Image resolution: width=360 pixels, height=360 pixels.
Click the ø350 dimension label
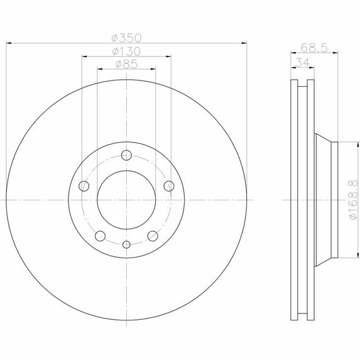click(126, 38)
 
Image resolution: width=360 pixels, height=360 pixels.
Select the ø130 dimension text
click(126, 52)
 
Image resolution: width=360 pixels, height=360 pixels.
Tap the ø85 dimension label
click(126, 64)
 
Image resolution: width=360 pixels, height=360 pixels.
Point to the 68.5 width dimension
click(314, 48)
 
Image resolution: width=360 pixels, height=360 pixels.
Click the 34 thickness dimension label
click(303, 62)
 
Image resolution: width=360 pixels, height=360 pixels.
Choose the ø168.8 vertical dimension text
click(354, 200)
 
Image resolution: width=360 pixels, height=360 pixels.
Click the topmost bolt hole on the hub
click(126, 155)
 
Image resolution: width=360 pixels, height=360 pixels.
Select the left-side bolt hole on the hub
click(84, 186)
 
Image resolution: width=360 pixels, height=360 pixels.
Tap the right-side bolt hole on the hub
click(169, 186)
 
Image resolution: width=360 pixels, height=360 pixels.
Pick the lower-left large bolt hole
click(100, 236)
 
